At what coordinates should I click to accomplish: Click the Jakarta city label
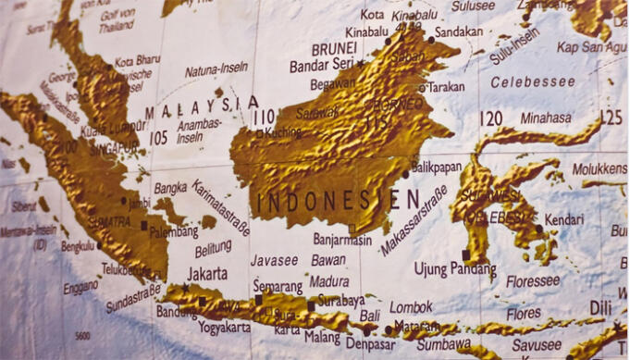tap(207, 274)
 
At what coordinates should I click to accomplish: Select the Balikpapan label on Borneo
tap(436, 168)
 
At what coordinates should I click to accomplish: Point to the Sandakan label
tap(459, 31)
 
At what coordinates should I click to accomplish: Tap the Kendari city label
tap(564, 220)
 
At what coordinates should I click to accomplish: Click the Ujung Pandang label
tap(454, 269)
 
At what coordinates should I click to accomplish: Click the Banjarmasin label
tap(341, 240)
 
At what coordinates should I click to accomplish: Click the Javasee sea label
tap(274, 260)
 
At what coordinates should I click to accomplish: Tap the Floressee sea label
tap(532, 279)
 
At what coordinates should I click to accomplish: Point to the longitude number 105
tap(158, 138)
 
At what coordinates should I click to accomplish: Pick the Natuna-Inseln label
tap(216, 70)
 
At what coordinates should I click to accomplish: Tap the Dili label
tap(600, 306)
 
